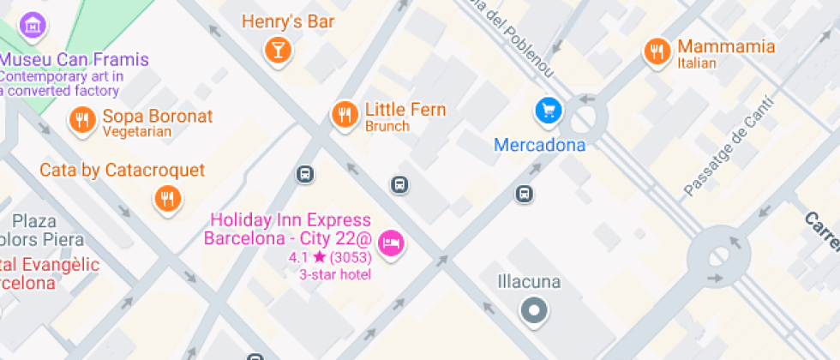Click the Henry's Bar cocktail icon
tap(277, 49)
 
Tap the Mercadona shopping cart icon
tap(549, 110)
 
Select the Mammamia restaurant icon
tap(657, 51)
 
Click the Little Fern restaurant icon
tap(345, 113)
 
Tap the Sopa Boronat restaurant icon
tap(82, 120)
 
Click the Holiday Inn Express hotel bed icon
tap(393, 243)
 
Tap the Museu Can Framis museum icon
tap(33, 25)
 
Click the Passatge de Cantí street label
tap(728, 147)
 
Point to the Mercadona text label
tap(539, 145)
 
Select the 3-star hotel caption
tap(334, 274)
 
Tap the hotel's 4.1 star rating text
tap(330, 257)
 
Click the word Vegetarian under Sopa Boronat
tap(137, 132)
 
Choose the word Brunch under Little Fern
tap(387, 126)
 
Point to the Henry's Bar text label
tap(288, 21)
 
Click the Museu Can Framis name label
tap(74, 60)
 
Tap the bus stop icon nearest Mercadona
tap(525, 195)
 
